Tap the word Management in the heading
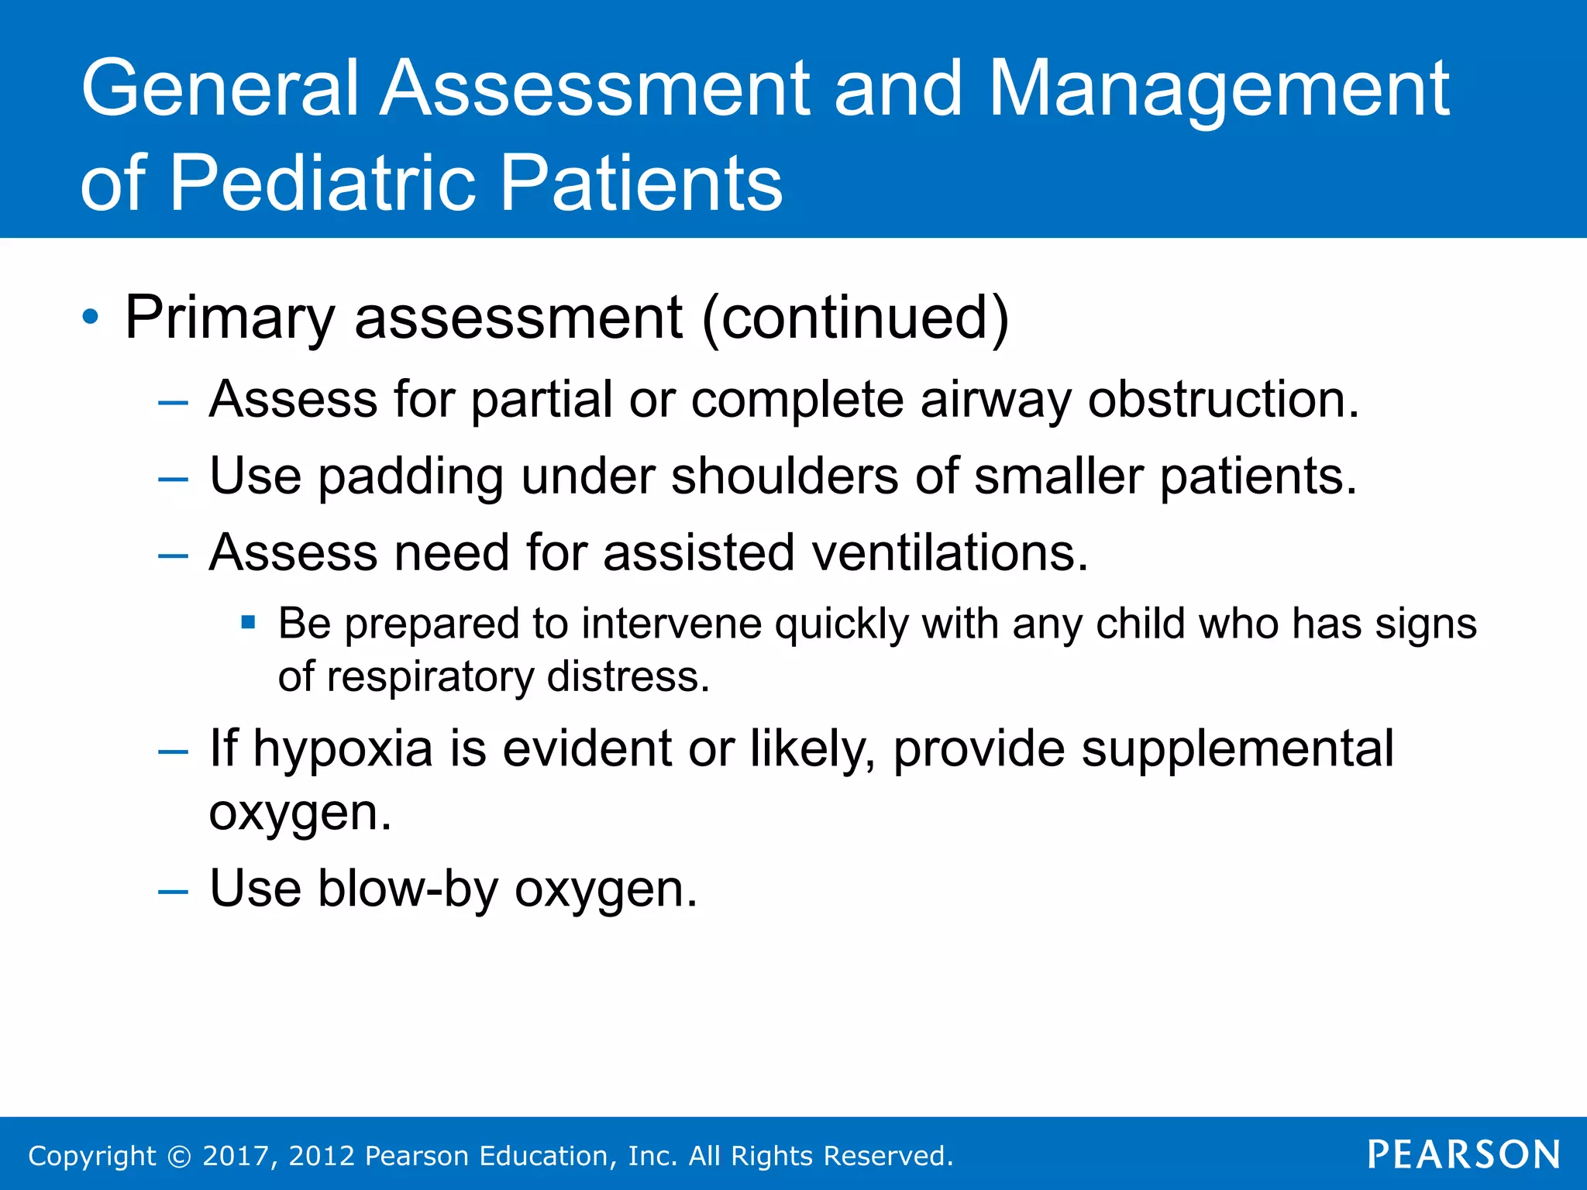(1218, 90)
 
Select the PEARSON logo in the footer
(1464, 1154)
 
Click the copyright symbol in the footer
(179, 1156)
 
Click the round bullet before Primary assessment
(91, 317)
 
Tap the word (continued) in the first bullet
(855, 317)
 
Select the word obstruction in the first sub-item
(1223, 400)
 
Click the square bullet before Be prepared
(248, 621)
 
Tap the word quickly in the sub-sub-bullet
(841, 624)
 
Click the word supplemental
(1238, 748)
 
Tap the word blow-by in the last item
(408, 889)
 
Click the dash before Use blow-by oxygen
(173, 891)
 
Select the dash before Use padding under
(173, 479)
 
